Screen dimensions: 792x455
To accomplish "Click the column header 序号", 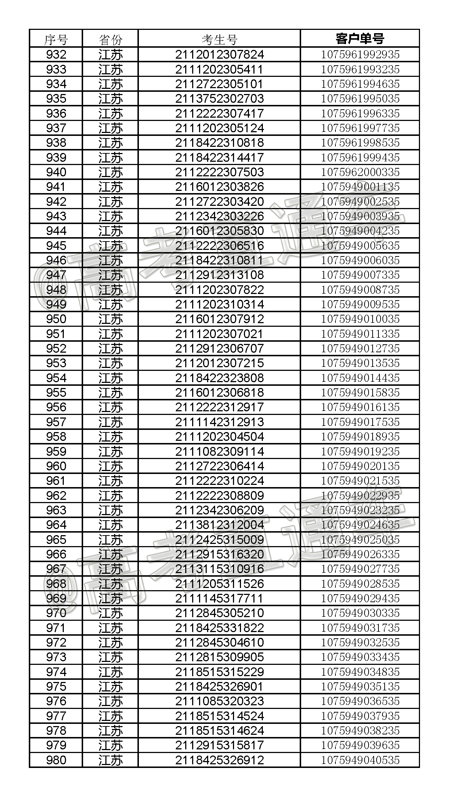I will click(56, 39).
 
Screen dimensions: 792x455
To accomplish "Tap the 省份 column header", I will click(110, 39).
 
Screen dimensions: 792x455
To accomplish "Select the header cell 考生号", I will click(219, 39).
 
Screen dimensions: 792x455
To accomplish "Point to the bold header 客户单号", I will click(360, 39).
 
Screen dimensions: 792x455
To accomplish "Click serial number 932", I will click(56, 55).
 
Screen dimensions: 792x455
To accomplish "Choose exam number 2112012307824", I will click(219, 55).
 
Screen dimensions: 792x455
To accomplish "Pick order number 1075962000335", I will click(360, 172).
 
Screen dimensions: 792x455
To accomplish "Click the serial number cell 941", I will click(56, 187).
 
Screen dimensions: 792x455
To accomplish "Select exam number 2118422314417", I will click(219, 157).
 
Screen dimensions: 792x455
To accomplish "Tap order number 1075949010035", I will click(360, 319).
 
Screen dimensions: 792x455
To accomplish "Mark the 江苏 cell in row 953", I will click(110, 363).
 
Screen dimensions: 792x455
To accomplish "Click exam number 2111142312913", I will click(219, 422).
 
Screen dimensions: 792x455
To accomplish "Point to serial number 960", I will click(56, 466).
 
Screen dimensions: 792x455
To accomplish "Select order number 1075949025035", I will click(360, 540).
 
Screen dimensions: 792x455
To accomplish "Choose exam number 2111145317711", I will click(219, 598).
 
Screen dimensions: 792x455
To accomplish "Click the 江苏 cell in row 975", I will click(110, 686).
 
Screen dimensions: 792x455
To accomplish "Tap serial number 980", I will click(56, 760).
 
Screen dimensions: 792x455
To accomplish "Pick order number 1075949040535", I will click(360, 760).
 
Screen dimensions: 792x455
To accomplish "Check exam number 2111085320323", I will click(219, 701).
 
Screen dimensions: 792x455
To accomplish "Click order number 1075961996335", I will click(360, 113).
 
